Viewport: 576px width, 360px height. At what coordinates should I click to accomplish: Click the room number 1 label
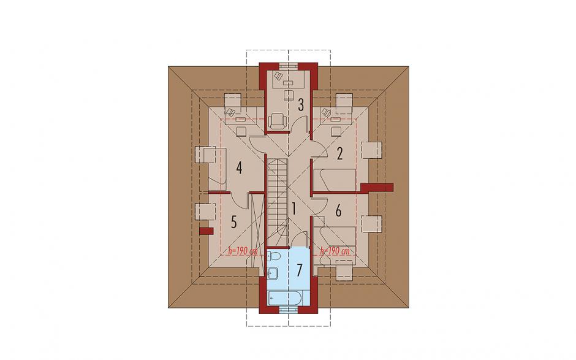294,209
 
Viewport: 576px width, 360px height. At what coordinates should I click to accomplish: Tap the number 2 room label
340,153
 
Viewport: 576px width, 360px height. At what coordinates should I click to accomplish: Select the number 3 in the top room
301,105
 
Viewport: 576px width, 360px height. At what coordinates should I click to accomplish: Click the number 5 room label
233,221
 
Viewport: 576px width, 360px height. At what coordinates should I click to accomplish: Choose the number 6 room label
338,211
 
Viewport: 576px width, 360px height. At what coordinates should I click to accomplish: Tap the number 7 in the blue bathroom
300,270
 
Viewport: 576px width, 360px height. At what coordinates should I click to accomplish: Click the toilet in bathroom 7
274,256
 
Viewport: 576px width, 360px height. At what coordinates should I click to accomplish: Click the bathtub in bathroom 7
286,297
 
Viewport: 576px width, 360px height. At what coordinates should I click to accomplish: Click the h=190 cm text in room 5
243,251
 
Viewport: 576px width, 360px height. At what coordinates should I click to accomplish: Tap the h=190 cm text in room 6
335,251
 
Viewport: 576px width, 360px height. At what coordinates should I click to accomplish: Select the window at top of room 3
289,66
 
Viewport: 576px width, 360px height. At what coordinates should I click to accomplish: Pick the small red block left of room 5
207,231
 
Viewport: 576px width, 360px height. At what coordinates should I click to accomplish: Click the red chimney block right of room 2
377,187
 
